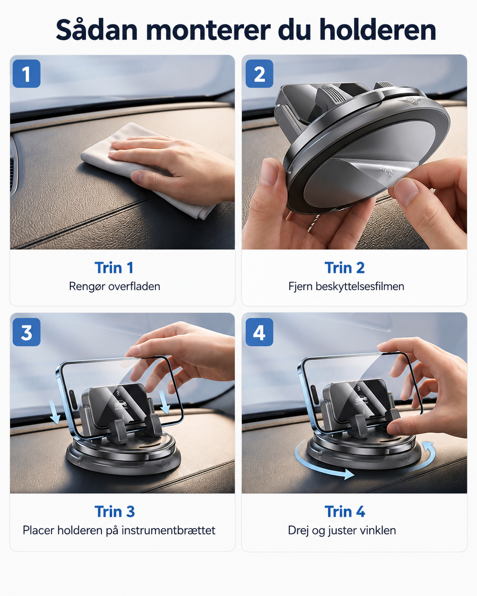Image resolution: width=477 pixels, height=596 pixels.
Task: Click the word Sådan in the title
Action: pyautogui.click(x=97, y=30)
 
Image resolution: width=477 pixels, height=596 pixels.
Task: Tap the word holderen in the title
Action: pyautogui.click(x=378, y=30)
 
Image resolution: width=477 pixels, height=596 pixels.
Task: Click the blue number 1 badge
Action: pyautogui.click(x=26, y=74)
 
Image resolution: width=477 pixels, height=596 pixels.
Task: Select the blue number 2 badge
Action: pyautogui.click(x=259, y=74)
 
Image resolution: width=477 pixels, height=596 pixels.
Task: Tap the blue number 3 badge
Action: pyautogui.click(x=26, y=332)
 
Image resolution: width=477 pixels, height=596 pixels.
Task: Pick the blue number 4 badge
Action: pyautogui.click(x=259, y=332)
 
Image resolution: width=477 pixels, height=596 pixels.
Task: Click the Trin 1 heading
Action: pyautogui.click(x=114, y=267)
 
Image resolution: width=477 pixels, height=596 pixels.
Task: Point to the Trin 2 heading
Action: pyautogui.click(x=345, y=267)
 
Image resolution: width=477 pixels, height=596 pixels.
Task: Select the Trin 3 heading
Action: pyautogui.click(x=115, y=511)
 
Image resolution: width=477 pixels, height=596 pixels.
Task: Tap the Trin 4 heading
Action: pyautogui.click(x=345, y=511)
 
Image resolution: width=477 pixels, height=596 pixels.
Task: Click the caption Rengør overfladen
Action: pyautogui.click(x=115, y=287)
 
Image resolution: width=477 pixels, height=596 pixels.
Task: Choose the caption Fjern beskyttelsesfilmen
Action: pyautogui.click(x=346, y=287)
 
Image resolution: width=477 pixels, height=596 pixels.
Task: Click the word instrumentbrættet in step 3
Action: pyautogui.click(x=168, y=531)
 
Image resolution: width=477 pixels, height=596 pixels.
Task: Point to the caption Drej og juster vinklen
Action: pyautogui.click(x=342, y=531)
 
